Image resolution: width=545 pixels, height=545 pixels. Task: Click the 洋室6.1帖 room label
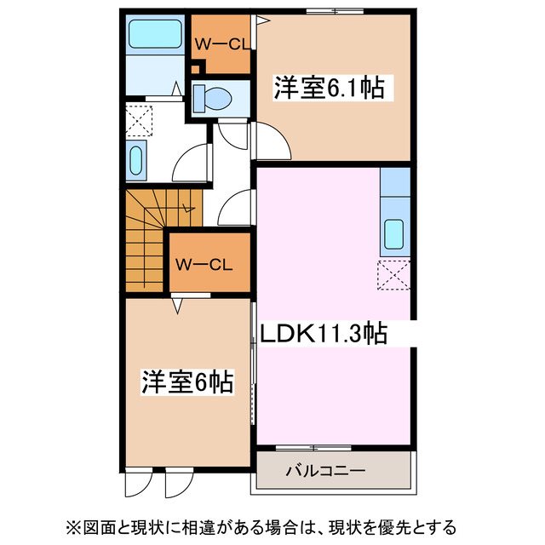tap(327, 87)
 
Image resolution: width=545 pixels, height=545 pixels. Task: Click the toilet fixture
tap(214, 100)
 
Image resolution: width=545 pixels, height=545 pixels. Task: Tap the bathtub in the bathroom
tap(154, 36)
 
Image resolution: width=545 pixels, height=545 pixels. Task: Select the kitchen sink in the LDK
tap(395, 232)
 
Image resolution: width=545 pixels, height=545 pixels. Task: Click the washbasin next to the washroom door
tap(136, 160)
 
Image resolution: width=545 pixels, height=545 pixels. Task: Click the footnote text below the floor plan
tap(272, 525)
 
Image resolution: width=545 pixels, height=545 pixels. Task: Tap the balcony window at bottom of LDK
tap(303, 447)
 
